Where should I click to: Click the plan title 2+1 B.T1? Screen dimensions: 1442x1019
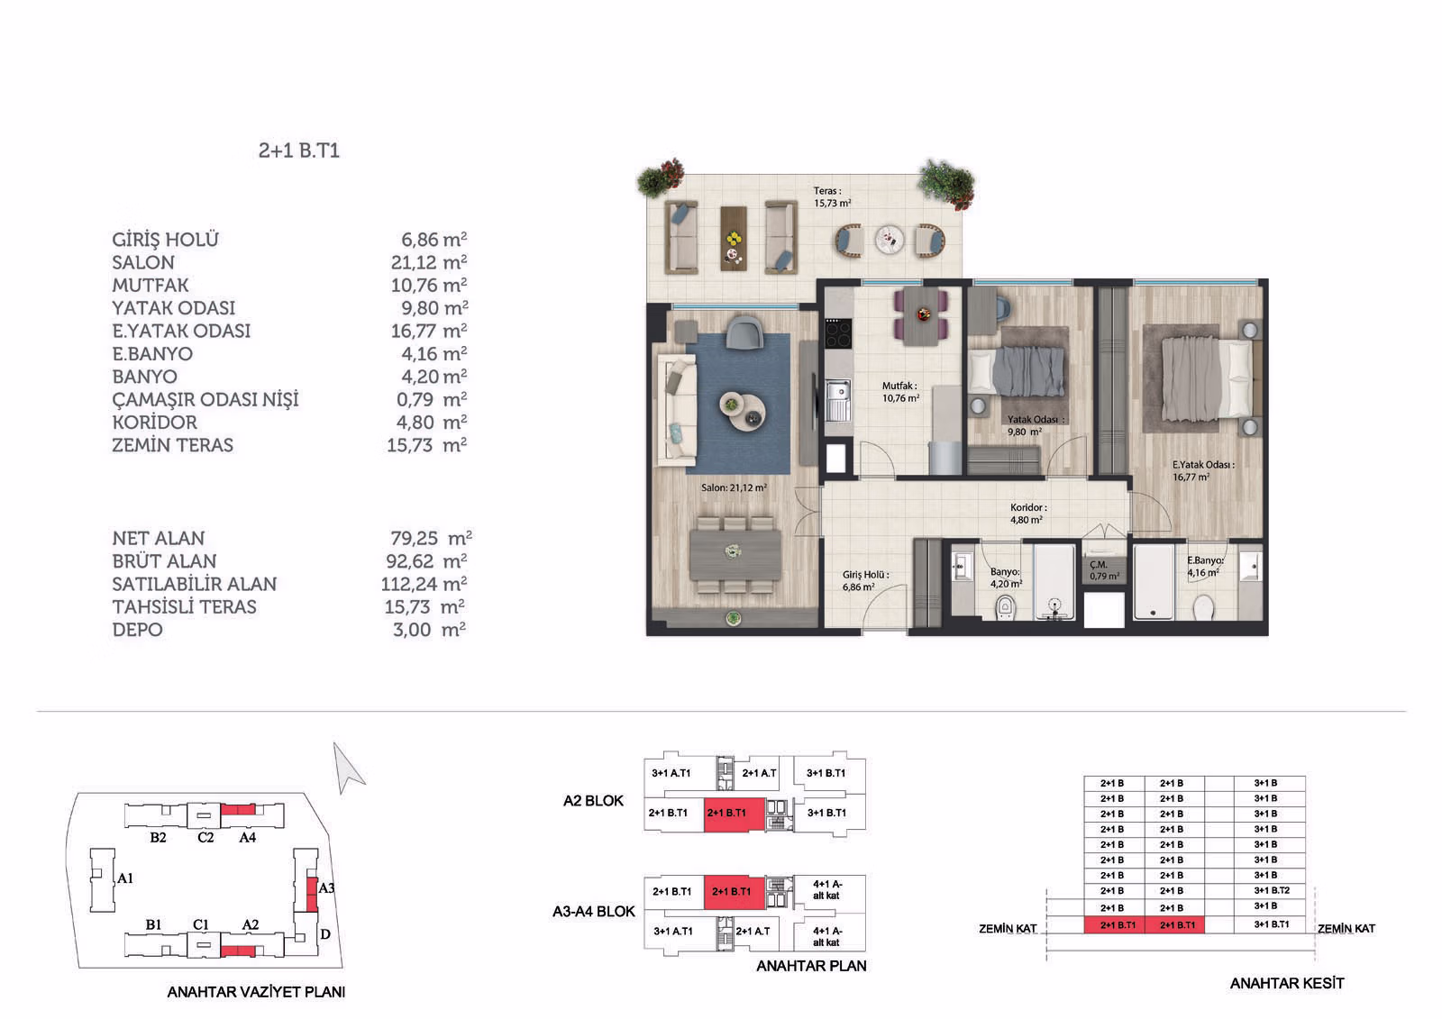coord(298,150)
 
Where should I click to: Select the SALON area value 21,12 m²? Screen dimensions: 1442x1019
coord(429,262)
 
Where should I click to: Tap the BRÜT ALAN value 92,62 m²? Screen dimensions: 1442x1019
coord(426,560)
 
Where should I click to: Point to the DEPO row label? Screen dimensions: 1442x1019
coord(137,630)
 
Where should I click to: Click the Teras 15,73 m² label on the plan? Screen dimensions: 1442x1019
coord(832,197)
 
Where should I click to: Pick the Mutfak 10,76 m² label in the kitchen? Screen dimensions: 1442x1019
coord(900,392)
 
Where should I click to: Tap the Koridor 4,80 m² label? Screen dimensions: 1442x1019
coord(1027,514)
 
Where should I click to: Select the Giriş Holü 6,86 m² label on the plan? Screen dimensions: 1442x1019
coord(864,580)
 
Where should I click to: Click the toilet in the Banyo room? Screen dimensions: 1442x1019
coord(1004,607)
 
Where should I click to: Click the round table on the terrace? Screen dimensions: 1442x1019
coord(889,240)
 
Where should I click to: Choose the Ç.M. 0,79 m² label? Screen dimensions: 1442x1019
coord(1103,570)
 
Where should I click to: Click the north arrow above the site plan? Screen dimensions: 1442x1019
coord(348,768)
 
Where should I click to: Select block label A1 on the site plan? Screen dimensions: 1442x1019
coord(125,878)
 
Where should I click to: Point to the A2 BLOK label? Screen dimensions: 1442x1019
coord(593,801)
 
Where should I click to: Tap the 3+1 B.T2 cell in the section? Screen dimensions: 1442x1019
coord(1271,890)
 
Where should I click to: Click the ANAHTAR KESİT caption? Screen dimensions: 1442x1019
coord(1286,983)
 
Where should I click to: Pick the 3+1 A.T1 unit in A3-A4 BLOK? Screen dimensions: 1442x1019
coord(672,931)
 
